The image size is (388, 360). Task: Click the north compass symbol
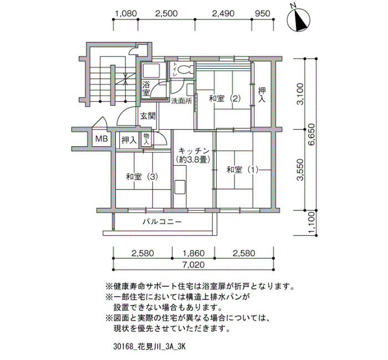tap(299, 20)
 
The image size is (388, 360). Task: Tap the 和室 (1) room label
tap(243, 170)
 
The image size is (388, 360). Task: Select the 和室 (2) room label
tap(224, 99)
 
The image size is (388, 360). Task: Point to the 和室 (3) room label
tap(142, 177)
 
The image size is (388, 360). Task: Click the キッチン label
tap(194, 151)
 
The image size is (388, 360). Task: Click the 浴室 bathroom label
tap(146, 89)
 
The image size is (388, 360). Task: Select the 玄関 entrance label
tap(148, 116)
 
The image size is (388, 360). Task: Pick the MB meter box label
tap(101, 139)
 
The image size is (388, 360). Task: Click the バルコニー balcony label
tap(162, 222)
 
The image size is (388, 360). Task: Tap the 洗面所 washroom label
tap(182, 101)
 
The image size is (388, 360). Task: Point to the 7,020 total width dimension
tap(193, 265)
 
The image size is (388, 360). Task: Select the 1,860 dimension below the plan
tap(193, 253)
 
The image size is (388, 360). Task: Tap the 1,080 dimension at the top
tap(126, 13)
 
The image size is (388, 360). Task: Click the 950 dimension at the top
tap(263, 13)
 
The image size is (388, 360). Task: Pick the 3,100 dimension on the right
tap(300, 94)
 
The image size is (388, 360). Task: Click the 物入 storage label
tap(146, 139)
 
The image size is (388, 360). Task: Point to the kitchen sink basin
tap(180, 187)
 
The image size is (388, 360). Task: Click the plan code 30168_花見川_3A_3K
tap(149, 346)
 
